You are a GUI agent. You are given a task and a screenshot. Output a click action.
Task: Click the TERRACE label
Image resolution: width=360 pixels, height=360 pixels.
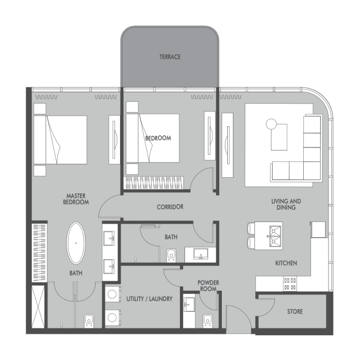pos(170,57)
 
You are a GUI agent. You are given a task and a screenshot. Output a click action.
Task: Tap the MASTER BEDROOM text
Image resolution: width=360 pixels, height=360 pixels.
pos(76,199)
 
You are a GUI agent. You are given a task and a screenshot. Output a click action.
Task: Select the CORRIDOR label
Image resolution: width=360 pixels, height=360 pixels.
pos(170,207)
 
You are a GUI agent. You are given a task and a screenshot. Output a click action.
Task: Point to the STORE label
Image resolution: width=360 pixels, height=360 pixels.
pos(295,311)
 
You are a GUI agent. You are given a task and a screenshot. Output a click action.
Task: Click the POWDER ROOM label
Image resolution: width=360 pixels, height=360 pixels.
pos(208,286)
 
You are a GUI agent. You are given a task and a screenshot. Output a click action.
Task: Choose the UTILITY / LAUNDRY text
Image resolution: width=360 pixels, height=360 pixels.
pos(149,298)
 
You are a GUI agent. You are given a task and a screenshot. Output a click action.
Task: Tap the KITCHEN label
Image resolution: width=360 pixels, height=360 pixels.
pos(286,263)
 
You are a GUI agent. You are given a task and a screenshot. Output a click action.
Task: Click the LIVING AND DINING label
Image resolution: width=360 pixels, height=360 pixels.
pos(286,204)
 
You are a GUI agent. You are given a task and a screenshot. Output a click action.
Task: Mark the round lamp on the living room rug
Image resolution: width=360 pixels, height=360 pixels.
pos(271,123)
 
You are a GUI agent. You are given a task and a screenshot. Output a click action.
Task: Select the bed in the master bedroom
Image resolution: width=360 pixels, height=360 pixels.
pos(60,139)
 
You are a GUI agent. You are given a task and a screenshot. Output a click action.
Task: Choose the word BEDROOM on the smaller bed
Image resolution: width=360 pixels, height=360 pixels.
pos(158,138)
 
